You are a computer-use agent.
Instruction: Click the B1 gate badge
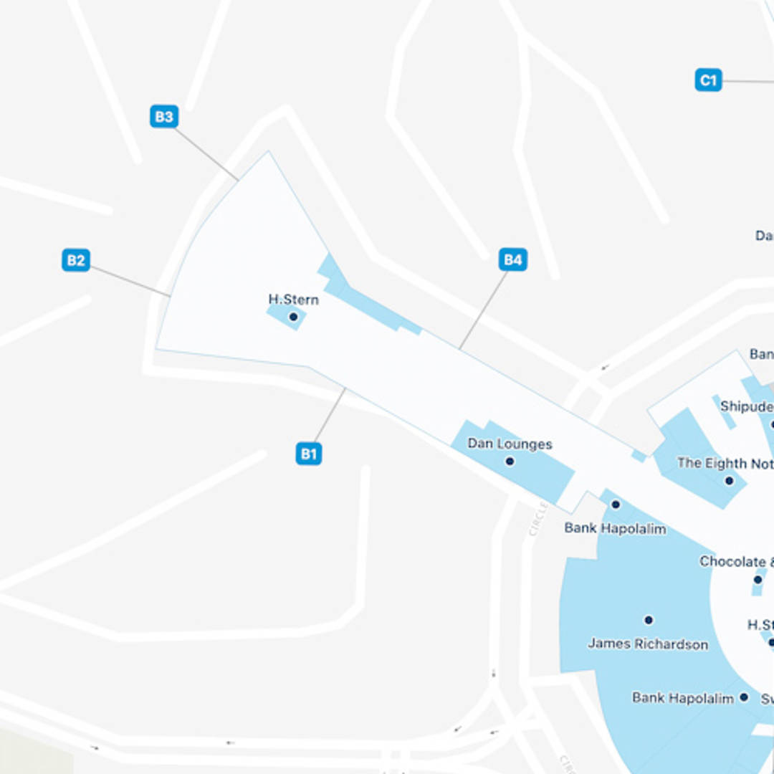point(309,454)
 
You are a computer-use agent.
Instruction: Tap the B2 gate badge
point(76,260)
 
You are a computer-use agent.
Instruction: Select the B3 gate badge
point(164,117)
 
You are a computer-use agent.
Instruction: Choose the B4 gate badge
point(513,259)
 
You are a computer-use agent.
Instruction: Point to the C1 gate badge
point(708,80)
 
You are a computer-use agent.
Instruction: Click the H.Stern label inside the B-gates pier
point(293,300)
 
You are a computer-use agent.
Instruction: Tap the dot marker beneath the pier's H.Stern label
point(293,317)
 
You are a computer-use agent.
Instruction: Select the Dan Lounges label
point(510,444)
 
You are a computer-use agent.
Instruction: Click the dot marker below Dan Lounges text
point(510,462)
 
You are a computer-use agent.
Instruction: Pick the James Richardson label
point(648,644)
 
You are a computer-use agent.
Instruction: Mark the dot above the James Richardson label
point(649,620)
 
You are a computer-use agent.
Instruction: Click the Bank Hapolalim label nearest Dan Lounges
point(615,529)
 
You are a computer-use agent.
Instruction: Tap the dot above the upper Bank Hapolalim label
point(615,505)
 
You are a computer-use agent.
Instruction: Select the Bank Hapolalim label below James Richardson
point(682,698)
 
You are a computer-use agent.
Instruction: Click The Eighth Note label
point(725,464)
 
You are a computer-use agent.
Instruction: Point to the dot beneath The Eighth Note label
point(729,481)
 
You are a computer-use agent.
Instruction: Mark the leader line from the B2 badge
point(130,281)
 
